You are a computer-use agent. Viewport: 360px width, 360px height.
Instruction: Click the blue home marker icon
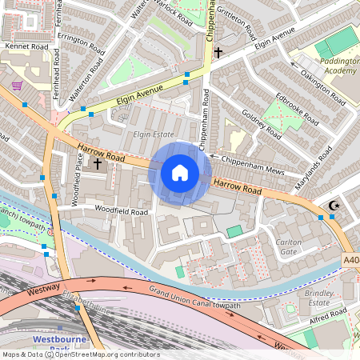tap(180, 173)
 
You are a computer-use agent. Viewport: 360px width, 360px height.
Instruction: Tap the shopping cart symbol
tap(17, 86)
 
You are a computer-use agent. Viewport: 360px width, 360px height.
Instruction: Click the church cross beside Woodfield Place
tap(98, 164)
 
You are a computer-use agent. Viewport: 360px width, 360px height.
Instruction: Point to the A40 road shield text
tap(351, 259)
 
